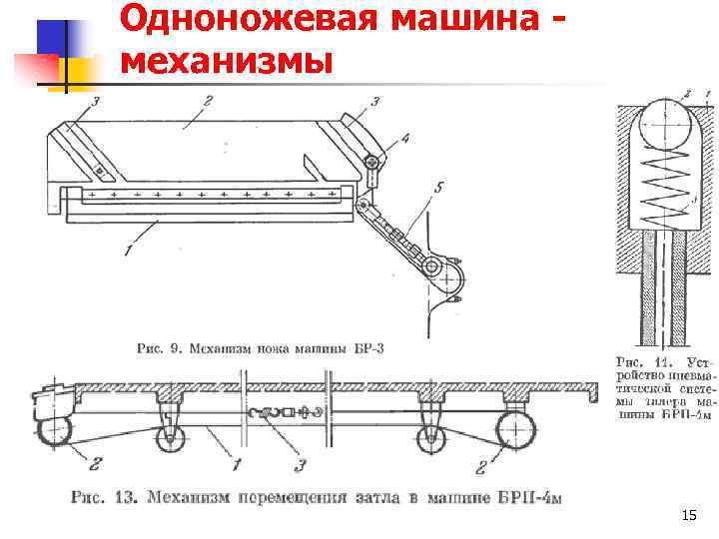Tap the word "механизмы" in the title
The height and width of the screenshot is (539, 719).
pos(226,60)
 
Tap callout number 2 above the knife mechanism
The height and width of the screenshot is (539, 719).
pos(206,100)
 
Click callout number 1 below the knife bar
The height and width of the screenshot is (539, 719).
pos(128,252)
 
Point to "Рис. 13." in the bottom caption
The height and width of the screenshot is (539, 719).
pos(101,496)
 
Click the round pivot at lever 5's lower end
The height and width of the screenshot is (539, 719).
pos(432,269)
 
